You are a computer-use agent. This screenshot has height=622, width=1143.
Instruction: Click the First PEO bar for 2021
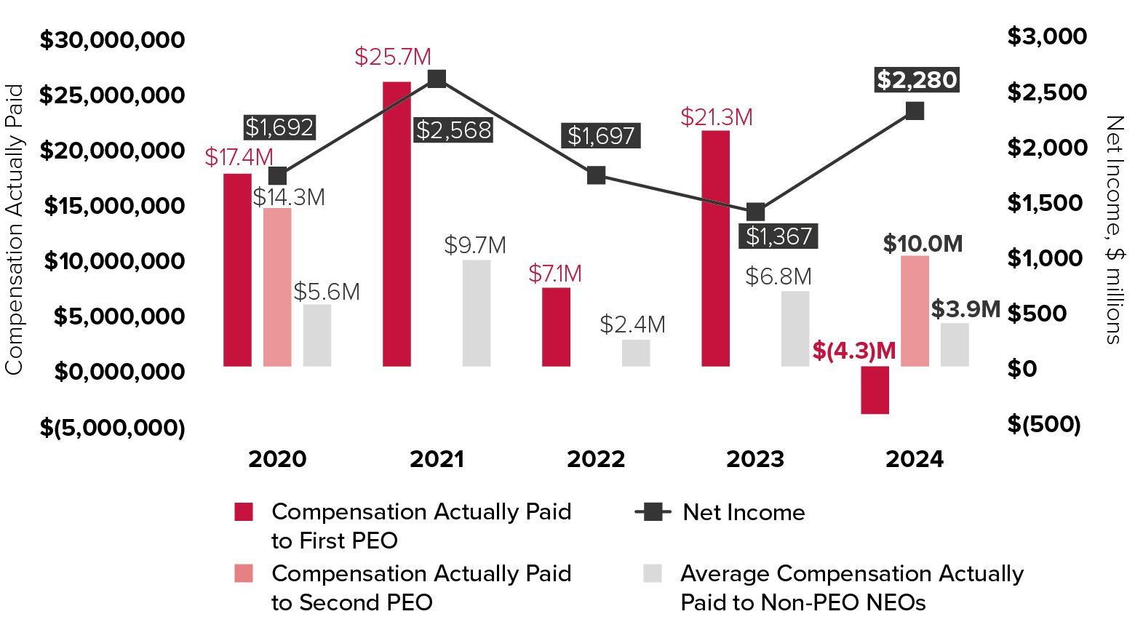(x=397, y=223)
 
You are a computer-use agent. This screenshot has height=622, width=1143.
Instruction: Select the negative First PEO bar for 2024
(x=875, y=390)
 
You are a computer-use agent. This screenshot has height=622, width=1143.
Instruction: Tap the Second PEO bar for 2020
(x=277, y=287)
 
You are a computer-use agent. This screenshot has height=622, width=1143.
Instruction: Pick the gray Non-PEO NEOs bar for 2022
(x=636, y=353)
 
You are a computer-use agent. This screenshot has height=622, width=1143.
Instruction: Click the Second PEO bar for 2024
(x=915, y=311)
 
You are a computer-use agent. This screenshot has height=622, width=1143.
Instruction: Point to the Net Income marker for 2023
(x=756, y=212)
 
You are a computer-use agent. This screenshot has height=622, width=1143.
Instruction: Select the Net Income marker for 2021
(x=437, y=79)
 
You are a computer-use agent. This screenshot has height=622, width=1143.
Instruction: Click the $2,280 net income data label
(x=916, y=79)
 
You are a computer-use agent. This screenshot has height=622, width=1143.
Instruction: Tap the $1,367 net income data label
(x=778, y=236)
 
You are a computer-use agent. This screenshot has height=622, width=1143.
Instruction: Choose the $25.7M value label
(x=393, y=57)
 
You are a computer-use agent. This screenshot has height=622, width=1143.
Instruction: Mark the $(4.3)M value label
(x=854, y=351)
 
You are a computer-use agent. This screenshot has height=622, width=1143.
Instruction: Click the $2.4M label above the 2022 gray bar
(x=632, y=324)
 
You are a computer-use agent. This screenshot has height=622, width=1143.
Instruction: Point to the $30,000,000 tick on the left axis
(x=113, y=40)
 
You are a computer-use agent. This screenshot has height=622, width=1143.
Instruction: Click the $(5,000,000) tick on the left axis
(x=113, y=427)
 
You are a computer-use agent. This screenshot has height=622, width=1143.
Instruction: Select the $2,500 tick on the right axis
(x=1047, y=92)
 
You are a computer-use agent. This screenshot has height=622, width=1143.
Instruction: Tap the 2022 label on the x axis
(x=596, y=459)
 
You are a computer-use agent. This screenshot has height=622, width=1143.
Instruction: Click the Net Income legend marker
(x=653, y=512)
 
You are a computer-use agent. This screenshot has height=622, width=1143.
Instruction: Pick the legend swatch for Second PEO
(x=244, y=573)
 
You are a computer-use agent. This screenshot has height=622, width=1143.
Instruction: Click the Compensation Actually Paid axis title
(x=15, y=229)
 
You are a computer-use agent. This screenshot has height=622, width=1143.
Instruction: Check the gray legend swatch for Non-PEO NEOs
(x=653, y=573)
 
